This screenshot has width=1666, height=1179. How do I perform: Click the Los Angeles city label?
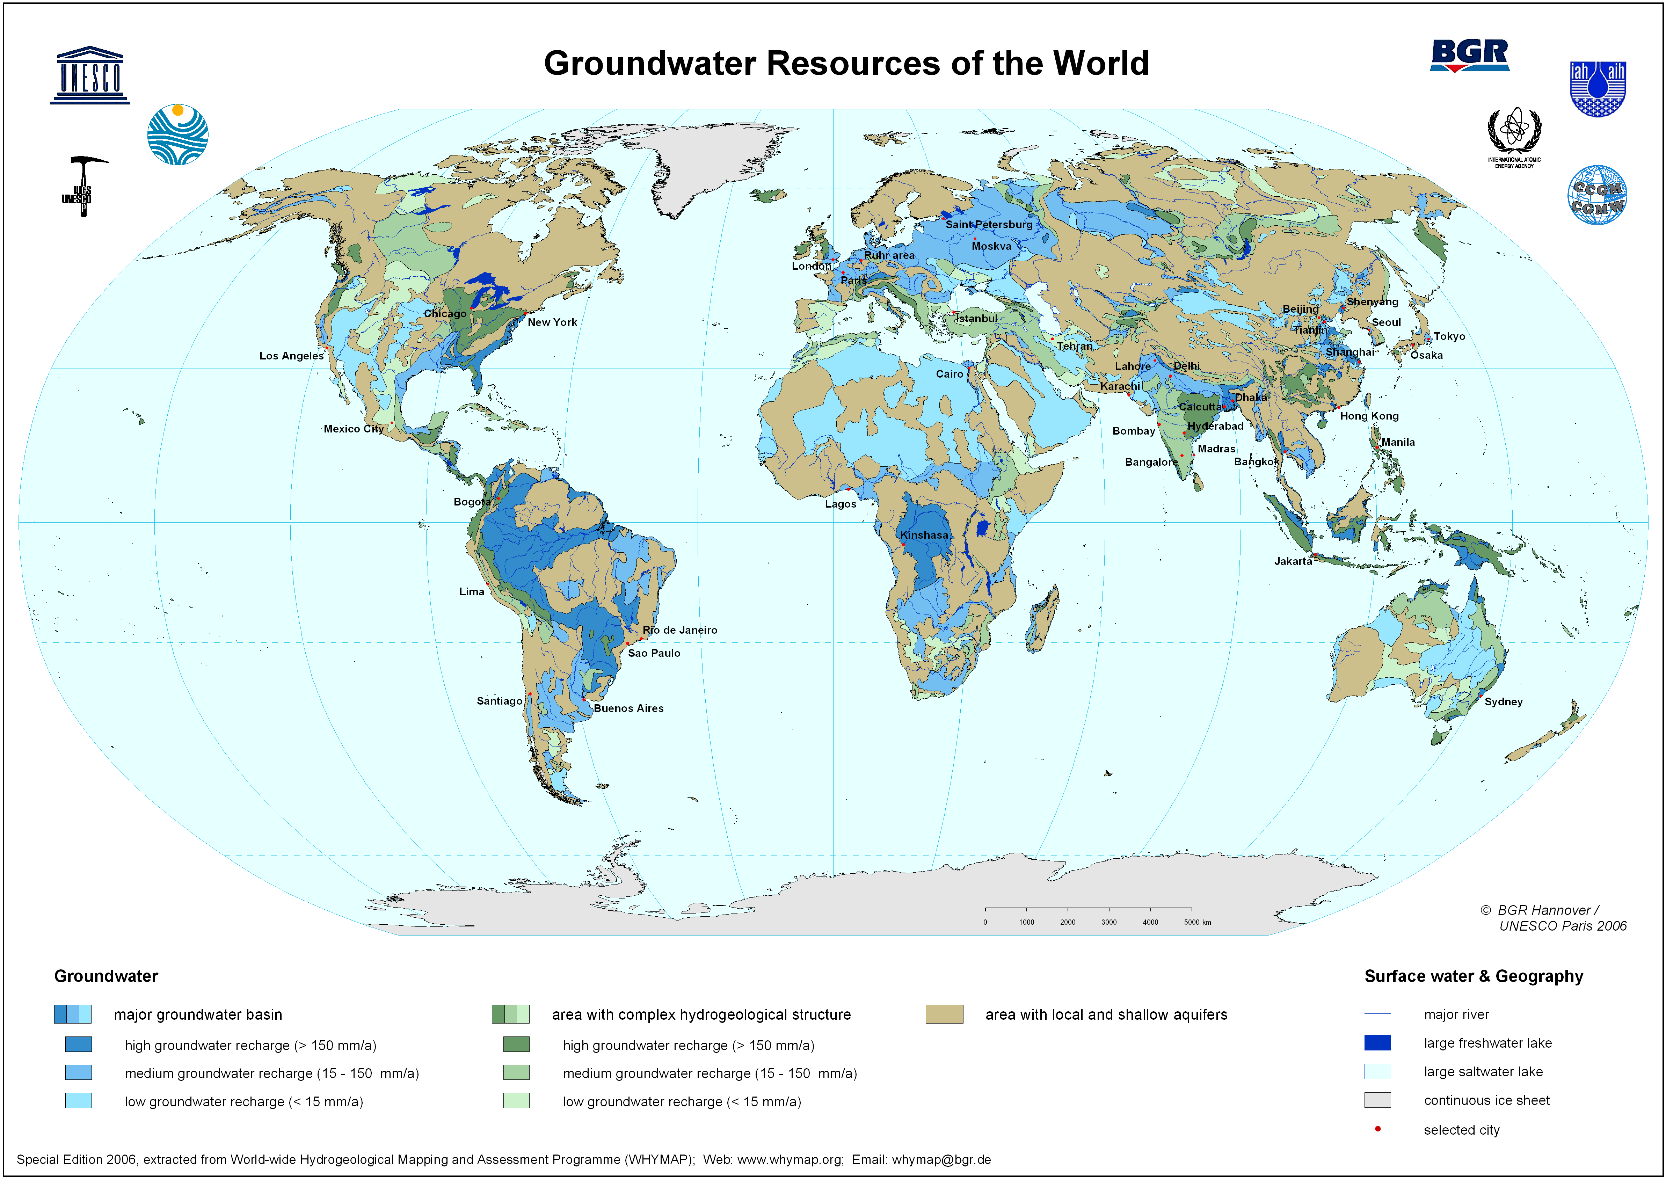point(291,356)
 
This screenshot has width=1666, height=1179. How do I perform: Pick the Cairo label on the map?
point(949,374)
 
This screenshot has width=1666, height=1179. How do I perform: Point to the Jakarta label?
point(1293,561)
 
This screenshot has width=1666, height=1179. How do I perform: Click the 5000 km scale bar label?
point(1197,922)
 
